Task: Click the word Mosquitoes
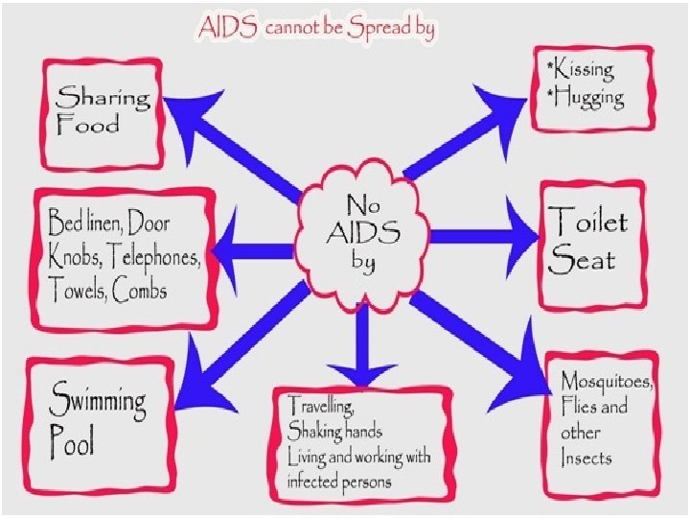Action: pos(608,382)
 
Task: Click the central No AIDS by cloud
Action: pos(360,235)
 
